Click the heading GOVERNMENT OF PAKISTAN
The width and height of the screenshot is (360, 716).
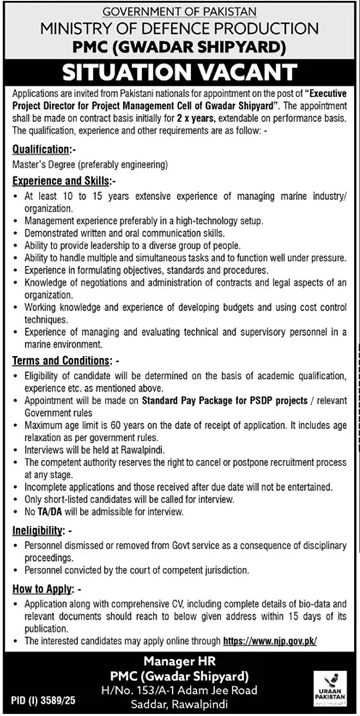point(180,10)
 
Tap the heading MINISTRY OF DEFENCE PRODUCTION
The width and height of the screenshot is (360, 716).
point(180,27)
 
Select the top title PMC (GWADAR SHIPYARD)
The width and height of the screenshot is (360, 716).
point(180,44)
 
